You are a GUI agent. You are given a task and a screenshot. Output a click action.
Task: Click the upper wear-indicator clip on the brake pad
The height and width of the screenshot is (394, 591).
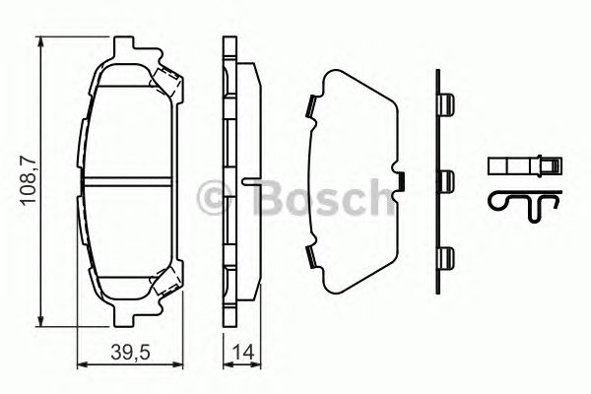[x=166, y=82]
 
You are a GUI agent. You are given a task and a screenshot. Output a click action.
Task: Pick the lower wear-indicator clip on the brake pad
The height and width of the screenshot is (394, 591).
[x=166, y=286]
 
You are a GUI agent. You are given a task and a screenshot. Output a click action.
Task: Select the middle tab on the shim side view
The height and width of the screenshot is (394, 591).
[x=446, y=182]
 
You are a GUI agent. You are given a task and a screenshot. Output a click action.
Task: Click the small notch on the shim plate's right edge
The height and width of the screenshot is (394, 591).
[x=401, y=181]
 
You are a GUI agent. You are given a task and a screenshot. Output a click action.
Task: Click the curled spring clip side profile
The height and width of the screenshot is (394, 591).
[x=521, y=202]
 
